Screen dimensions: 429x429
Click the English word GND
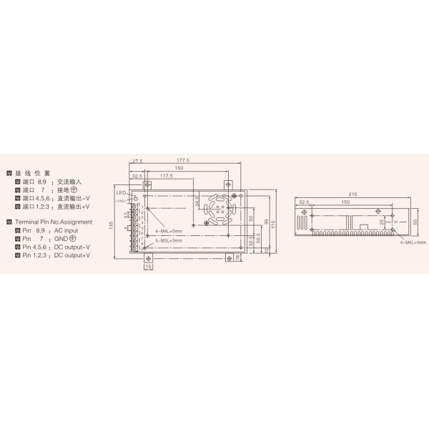point(56,239)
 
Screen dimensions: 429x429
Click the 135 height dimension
point(111,225)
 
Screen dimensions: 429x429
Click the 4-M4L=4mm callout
point(413,242)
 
